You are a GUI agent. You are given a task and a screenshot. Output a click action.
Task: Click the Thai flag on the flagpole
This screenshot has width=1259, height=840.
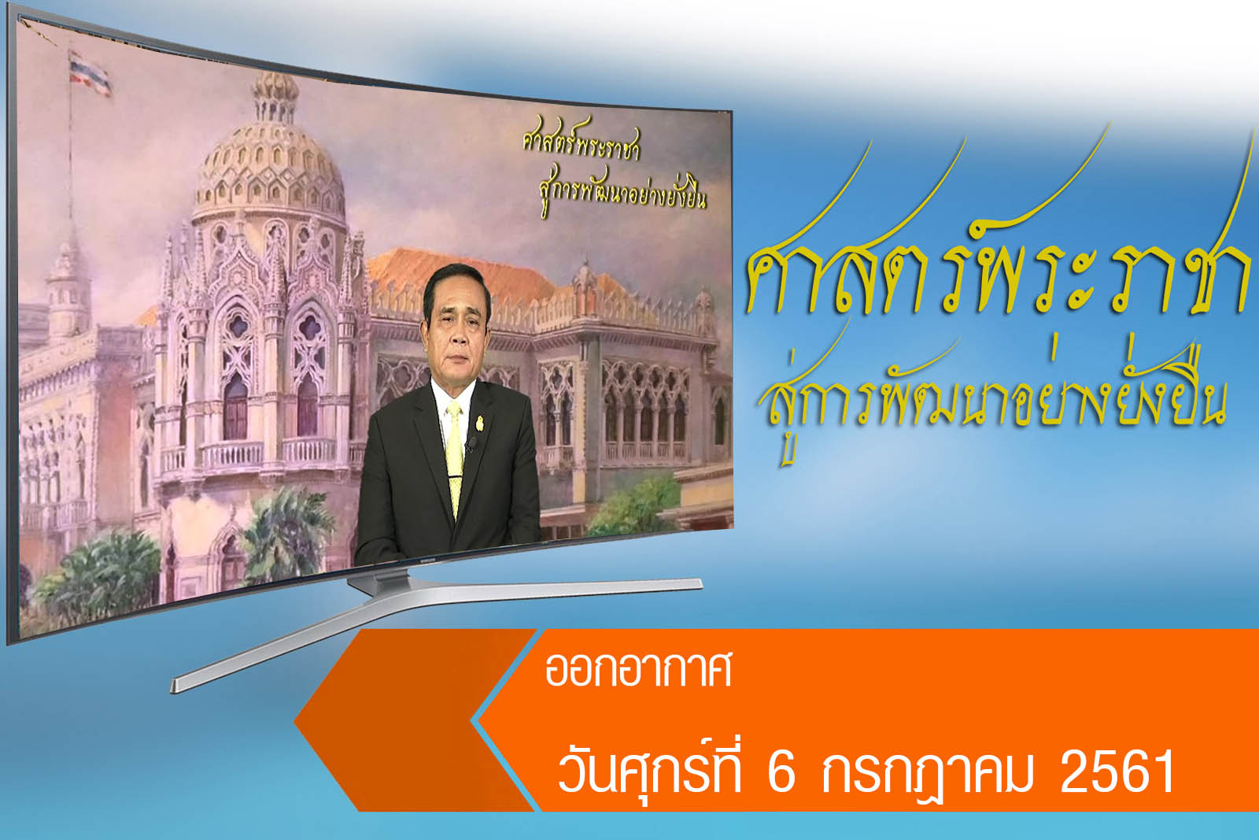pyautogui.click(x=90, y=74)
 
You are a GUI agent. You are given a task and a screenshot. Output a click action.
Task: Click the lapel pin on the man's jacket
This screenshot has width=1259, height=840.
pyautogui.click(x=479, y=423)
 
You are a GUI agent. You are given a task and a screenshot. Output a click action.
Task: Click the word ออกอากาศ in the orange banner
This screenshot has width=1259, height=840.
pyautogui.click(x=638, y=670)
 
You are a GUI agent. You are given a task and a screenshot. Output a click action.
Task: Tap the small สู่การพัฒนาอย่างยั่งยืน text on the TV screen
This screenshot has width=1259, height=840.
pyautogui.click(x=621, y=192)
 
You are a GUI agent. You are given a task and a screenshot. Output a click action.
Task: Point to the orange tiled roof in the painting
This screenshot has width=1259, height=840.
pyautogui.click(x=461, y=276)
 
